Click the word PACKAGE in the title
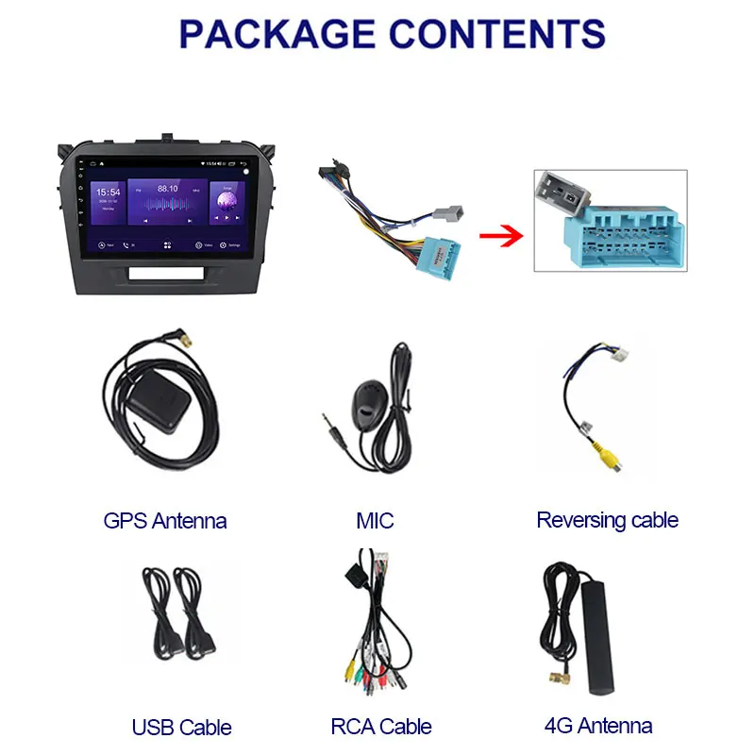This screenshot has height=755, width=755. pyautogui.click(x=274, y=34)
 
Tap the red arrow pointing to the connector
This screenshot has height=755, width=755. pyautogui.click(x=500, y=233)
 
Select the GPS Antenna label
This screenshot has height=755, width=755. pyautogui.click(x=165, y=520)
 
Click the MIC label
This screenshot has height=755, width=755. pyautogui.click(x=375, y=520)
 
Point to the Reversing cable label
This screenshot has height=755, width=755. pyautogui.click(x=607, y=520)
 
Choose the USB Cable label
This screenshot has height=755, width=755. pyautogui.click(x=181, y=728)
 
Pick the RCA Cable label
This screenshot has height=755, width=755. pyautogui.click(x=380, y=727)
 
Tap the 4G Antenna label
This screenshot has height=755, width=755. pyautogui.click(x=598, y=726)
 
